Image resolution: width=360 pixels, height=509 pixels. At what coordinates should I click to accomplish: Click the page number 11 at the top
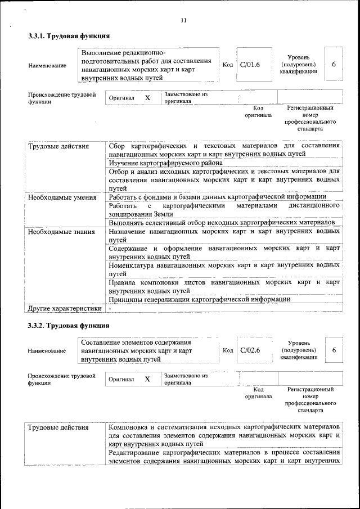183,21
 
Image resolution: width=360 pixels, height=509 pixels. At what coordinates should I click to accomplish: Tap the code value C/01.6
250,65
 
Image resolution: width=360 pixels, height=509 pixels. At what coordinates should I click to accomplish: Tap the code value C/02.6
250,350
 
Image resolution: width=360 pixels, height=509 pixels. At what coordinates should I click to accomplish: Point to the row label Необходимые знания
58,231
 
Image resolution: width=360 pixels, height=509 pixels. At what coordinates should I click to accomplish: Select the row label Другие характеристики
65,308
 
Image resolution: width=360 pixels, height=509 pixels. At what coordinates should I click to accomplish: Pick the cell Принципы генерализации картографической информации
200,299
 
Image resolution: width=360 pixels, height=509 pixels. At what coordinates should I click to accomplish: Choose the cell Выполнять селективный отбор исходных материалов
222,223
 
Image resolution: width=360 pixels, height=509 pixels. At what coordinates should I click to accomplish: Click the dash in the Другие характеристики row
110,308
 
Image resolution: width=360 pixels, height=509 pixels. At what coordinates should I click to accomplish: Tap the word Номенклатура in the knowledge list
135,265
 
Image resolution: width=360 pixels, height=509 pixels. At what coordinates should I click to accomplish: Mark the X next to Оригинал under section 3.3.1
147,98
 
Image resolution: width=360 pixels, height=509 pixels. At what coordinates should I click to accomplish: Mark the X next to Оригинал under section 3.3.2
147,379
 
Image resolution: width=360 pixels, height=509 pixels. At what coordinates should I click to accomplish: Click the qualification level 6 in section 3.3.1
334,64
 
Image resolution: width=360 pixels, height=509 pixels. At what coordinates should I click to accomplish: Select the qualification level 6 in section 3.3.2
334,350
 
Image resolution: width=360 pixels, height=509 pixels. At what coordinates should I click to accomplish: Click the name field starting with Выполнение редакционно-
146,65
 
